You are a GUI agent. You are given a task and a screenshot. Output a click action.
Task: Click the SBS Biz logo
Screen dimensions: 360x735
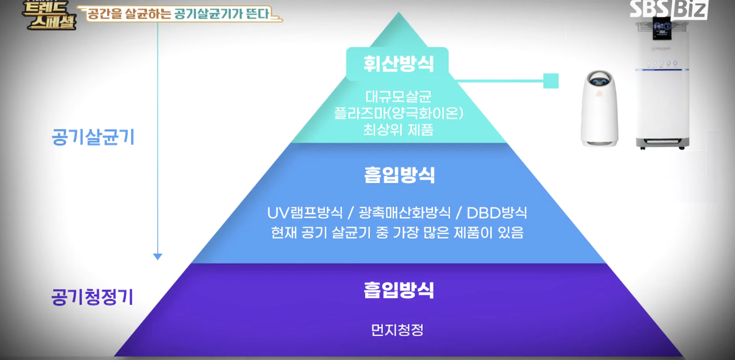668,9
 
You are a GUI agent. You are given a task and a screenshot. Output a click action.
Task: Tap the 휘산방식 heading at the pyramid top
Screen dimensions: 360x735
398,64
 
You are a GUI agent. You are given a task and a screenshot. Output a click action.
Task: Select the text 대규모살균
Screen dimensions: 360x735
398,96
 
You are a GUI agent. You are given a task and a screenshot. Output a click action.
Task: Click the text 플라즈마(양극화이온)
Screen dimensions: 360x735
398,113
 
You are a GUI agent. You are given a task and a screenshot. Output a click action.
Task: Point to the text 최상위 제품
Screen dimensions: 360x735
398,130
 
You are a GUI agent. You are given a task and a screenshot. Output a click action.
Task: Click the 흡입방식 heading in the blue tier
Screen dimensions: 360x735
399,175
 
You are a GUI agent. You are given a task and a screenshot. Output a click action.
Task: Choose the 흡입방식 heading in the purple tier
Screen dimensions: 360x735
399,290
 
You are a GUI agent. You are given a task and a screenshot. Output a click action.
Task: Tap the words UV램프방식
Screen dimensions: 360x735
305,213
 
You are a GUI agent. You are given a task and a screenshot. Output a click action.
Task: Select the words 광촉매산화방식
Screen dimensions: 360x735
404,213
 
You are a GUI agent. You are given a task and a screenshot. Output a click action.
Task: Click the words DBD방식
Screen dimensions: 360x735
497,213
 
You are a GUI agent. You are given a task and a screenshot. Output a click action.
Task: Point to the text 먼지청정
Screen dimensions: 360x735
397,330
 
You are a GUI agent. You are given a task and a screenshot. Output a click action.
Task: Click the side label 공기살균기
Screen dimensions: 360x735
93,137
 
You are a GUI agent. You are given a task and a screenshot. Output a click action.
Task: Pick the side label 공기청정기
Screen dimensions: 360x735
92,297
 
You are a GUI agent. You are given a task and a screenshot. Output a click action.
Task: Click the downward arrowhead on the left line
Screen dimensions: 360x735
158,256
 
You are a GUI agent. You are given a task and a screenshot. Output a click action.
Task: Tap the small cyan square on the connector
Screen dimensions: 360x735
551,81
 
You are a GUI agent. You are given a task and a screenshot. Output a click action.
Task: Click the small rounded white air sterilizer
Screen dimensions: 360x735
599,108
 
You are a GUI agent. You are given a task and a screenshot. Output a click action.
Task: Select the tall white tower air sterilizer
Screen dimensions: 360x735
662,93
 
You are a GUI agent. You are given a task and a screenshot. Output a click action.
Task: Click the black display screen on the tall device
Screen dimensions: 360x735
661,28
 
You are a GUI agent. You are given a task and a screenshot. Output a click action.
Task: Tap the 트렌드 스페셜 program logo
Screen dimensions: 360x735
49,15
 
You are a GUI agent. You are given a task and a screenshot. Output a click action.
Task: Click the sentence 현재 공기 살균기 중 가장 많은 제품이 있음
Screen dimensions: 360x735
397,232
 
